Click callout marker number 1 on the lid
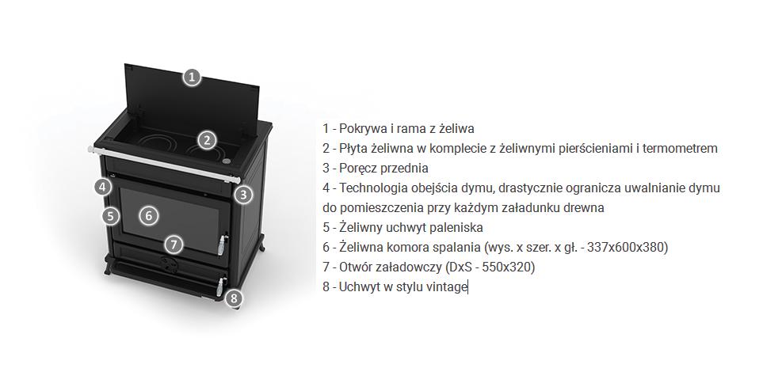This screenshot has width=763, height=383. coord(192,78)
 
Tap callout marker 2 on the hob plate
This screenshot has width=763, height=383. coord(208,141)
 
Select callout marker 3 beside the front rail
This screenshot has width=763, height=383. coord(243,195)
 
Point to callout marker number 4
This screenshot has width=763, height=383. coord(102,187)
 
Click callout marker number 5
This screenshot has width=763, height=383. coord(111,215)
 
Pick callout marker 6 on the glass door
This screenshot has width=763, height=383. coord(149,215)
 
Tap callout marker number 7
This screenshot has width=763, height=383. coord(174,244)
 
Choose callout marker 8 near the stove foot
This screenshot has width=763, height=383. coord(235,298)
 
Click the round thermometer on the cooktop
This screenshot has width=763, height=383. coord(227,160)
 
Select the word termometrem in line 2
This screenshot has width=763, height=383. coord(681,148)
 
